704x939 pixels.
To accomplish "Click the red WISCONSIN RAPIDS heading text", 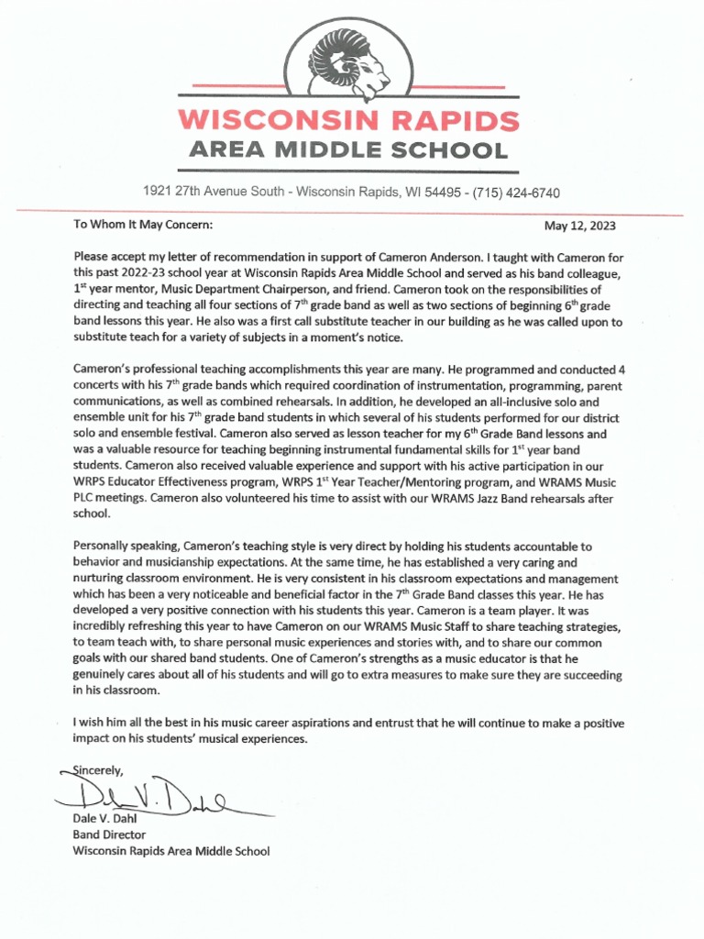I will click(348, 120).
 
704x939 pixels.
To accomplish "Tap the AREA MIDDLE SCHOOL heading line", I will click(348, 150).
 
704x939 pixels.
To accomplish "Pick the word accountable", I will click(535, 547).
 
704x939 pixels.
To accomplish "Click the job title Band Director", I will click(109, 834).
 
